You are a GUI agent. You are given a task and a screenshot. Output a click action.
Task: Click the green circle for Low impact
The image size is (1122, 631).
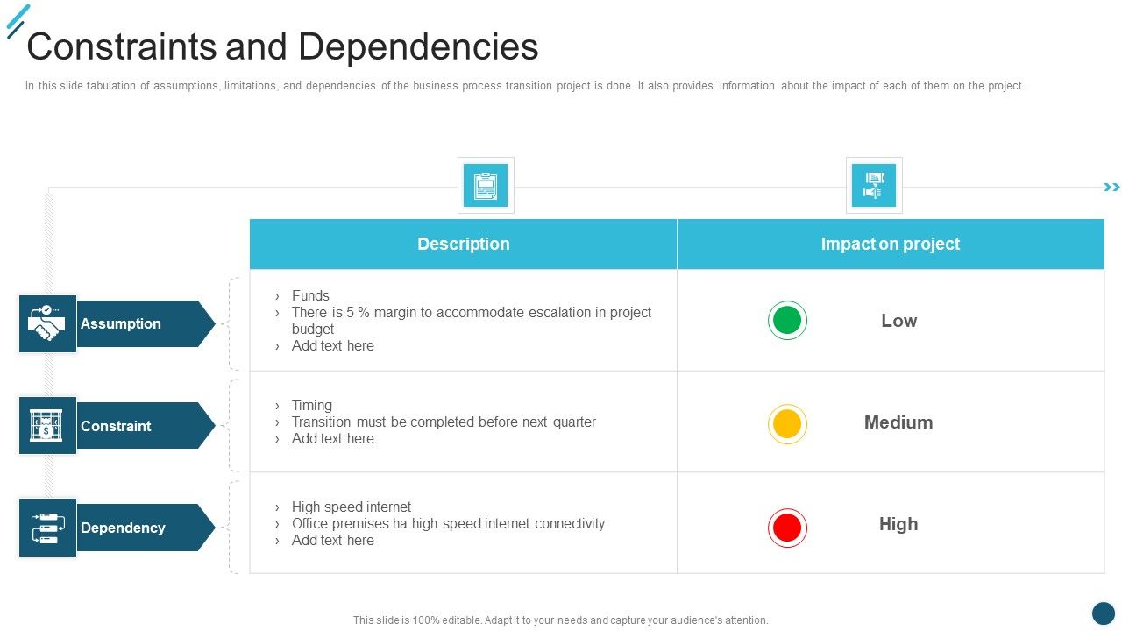click(x=787, y=321)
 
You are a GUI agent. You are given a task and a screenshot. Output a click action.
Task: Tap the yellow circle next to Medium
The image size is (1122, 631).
click(x=787, y=424)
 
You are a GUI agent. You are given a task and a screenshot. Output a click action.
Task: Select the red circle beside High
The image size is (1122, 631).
click(x=787, y=528)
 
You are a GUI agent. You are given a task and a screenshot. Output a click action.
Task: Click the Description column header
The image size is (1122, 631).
click(x=463, y=245)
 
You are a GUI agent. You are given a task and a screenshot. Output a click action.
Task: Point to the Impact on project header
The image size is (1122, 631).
click(x=890, y=245)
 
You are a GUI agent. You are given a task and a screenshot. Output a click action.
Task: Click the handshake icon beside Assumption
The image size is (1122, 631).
click(x=47, y=323)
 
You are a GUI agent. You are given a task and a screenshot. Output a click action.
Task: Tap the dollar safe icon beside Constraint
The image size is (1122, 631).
click(x=47, y=426)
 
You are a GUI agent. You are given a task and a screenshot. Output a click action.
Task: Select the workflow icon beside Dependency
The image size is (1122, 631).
click(x=47, y=528)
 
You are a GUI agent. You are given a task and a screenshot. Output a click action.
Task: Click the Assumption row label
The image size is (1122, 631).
click(x=121, y=323)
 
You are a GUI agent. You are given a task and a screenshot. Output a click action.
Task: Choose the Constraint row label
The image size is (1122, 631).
click(x=116, y=426)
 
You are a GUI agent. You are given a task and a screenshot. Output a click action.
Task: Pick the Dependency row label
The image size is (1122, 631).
click(x=123, y=528)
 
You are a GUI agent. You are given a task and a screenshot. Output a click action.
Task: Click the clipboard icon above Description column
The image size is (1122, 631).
click(x=486, y=186)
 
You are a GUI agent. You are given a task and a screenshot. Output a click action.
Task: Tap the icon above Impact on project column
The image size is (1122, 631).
click(x=874, y=186)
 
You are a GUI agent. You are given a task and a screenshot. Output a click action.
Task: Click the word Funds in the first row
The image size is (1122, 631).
click(x=310, y=296)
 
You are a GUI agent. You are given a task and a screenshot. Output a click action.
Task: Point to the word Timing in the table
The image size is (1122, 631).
click(x=312, y=406)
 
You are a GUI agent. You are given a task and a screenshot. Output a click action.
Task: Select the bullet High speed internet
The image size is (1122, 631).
click(x=351, y=507)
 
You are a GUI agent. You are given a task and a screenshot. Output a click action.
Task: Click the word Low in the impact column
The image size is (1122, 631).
click(x=898, y=321)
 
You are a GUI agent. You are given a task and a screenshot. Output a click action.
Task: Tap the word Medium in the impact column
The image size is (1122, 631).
click(x=898, y=422)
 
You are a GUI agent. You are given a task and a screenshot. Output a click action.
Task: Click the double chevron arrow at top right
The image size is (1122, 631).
click(x=1111, y=188)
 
